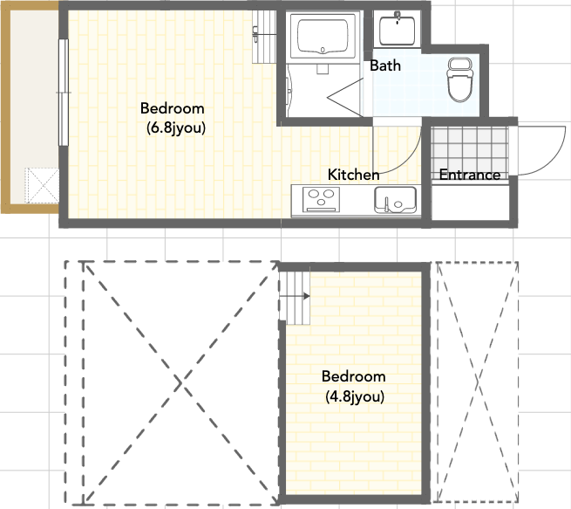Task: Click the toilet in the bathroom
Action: click(460, 79)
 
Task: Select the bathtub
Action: click(323, 36)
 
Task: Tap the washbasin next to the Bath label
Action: click(397, 29)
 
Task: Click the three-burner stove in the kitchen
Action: click(322, 199)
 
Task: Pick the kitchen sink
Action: click(395, 200)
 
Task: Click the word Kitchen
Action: click(353, 175)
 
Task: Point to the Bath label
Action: click(385, 65)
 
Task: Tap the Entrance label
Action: click(470, 175)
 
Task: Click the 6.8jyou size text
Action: click(176, 128)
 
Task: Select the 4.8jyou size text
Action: click(355, 396)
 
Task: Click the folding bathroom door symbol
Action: click(344, 98)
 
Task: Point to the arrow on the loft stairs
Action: click(295, 296)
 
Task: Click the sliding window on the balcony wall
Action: click(64, 93)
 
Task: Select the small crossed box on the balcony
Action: click(42, 186)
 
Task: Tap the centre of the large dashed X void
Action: click(180, 383)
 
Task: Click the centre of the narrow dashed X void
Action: click(478, 382)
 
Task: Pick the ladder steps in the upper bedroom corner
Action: click(264, 37)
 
